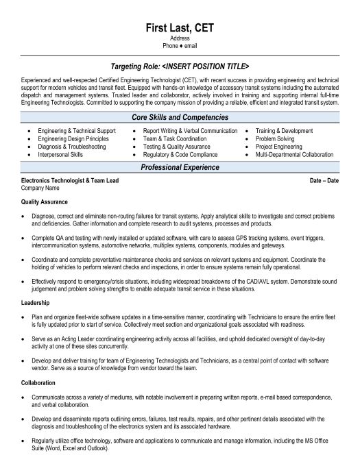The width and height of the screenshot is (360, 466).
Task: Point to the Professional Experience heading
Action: pos(180,167)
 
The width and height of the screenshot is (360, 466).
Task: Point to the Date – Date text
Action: pos(324,180)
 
